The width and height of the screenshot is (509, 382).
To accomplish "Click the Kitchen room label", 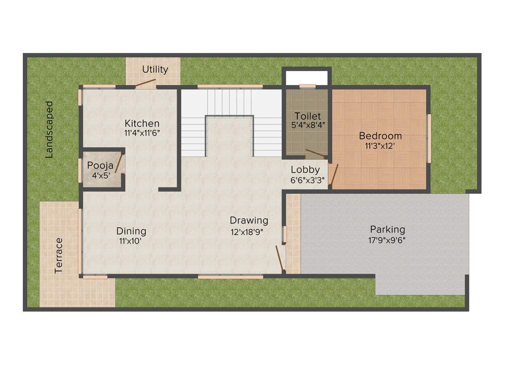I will point(142,123).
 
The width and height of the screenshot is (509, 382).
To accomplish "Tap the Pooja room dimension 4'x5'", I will point(100,175).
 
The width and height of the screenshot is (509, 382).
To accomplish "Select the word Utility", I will point(155,69).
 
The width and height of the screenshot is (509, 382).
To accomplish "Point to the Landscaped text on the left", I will point(49,129).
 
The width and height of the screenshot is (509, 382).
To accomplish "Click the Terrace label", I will point(59,255).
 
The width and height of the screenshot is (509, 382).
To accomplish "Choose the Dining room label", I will point(131,231).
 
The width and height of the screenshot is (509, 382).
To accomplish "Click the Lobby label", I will point(305,170).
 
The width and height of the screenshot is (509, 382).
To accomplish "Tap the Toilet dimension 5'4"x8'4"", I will point(308,126).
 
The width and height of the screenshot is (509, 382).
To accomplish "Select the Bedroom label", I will point(380,136).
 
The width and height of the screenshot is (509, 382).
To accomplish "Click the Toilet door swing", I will point(316,153).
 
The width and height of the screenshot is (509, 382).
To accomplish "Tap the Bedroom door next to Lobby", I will point(334,175).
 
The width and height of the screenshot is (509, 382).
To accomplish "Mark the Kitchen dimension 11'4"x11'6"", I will point(142,133).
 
